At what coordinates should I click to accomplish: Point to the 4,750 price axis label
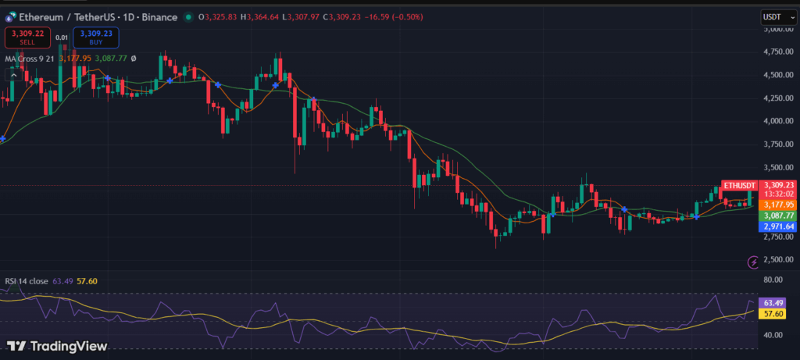[x=776, y=52]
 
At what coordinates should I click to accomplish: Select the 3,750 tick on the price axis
[x=776, y=144]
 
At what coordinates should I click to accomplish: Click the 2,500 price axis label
[x=776, y=259]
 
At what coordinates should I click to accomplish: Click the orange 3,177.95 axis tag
[x=779, y=205]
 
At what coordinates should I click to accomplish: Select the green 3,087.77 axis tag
[x=779, y=216]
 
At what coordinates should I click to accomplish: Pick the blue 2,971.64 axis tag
[x=779, y=226]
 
